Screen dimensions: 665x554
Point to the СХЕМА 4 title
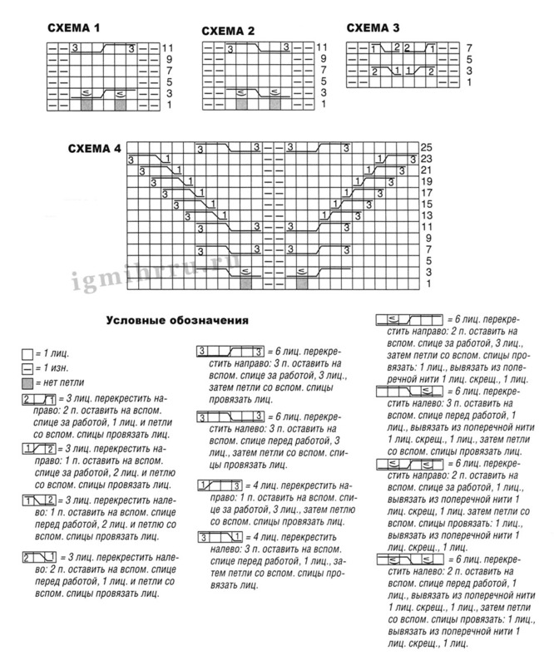95,149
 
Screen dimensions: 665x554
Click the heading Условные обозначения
178,319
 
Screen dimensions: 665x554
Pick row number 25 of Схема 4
426,146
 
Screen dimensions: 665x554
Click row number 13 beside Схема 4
426,214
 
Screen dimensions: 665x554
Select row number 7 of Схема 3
469,48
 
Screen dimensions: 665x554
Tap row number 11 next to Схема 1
167,48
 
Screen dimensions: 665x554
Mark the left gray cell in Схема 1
87,105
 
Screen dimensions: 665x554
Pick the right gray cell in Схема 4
302,283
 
